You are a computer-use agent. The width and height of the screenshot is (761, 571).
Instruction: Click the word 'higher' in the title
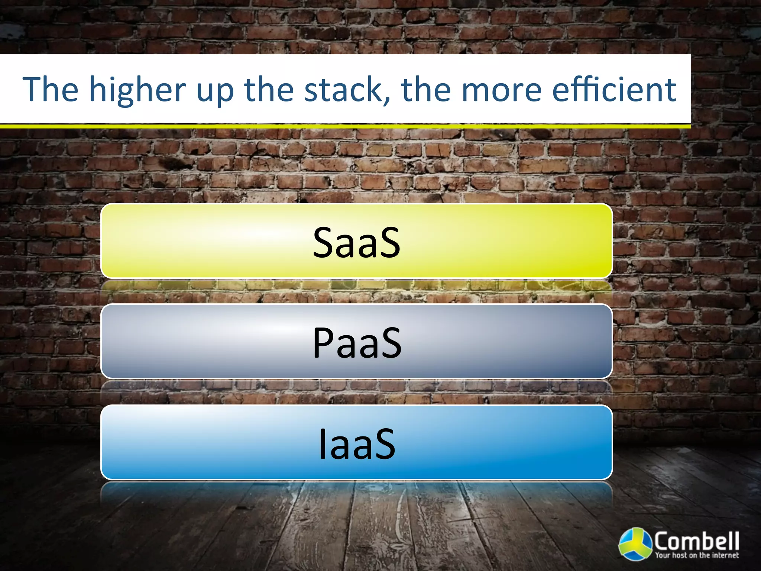137,90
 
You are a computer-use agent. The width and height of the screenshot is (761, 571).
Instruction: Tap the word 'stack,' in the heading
347,90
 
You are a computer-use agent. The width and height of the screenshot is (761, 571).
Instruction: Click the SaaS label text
357,243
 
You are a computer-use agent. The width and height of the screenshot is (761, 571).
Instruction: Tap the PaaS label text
357,343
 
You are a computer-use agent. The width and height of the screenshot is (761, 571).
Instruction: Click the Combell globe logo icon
635,543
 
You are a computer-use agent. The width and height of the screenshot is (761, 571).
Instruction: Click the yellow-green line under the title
345,126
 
